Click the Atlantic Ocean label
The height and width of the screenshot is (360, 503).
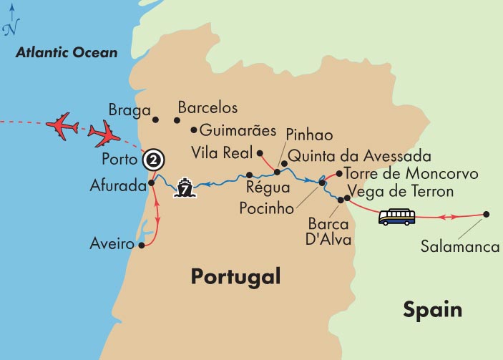click(x=67, y=52)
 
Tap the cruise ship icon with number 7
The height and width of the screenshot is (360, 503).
click(x=185, y=189)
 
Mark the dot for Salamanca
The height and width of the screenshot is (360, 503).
click(x=487, y=214)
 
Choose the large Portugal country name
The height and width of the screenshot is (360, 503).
click(x=235, y=277)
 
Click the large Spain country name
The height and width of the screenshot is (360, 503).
click(x=432, y=310)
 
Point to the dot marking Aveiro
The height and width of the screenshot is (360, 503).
click(x=142, y=245)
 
